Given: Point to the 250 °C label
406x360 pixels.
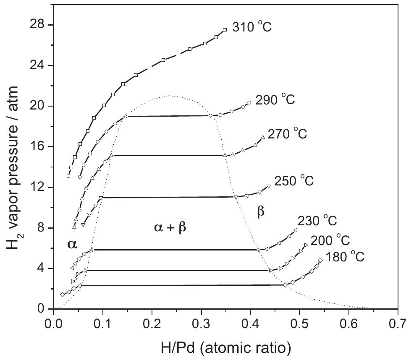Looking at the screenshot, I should tap(294, 181).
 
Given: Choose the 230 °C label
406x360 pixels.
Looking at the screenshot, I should tap(317, 221).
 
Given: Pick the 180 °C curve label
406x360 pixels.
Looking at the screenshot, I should tap(344, 257).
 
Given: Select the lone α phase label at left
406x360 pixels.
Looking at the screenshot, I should tap(72, 244).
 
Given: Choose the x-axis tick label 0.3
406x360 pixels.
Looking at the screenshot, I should tap(201, 325).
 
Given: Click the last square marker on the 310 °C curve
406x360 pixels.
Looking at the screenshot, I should tap(225, 30).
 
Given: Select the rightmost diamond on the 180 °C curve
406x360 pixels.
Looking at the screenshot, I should tap(320, 261).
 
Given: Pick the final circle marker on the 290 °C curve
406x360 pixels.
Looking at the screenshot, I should tap(249, 103).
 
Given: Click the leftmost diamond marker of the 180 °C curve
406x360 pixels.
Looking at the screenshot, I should tap(62, 295).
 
